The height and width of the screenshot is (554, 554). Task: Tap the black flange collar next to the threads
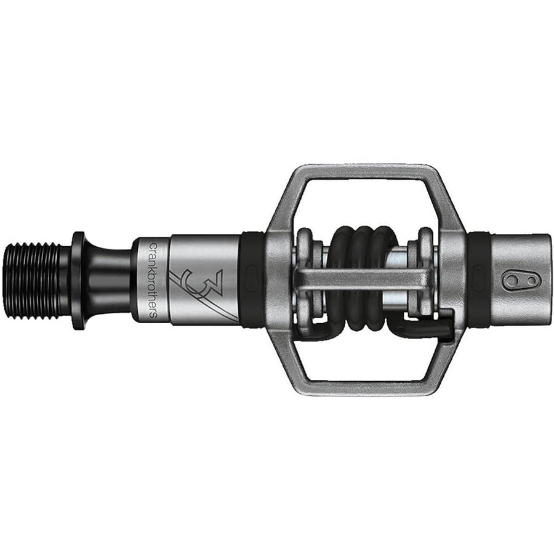78,280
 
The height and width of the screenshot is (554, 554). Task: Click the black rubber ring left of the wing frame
252,280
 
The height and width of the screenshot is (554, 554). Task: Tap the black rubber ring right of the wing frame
478,280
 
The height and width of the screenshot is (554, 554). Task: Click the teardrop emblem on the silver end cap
521,281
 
